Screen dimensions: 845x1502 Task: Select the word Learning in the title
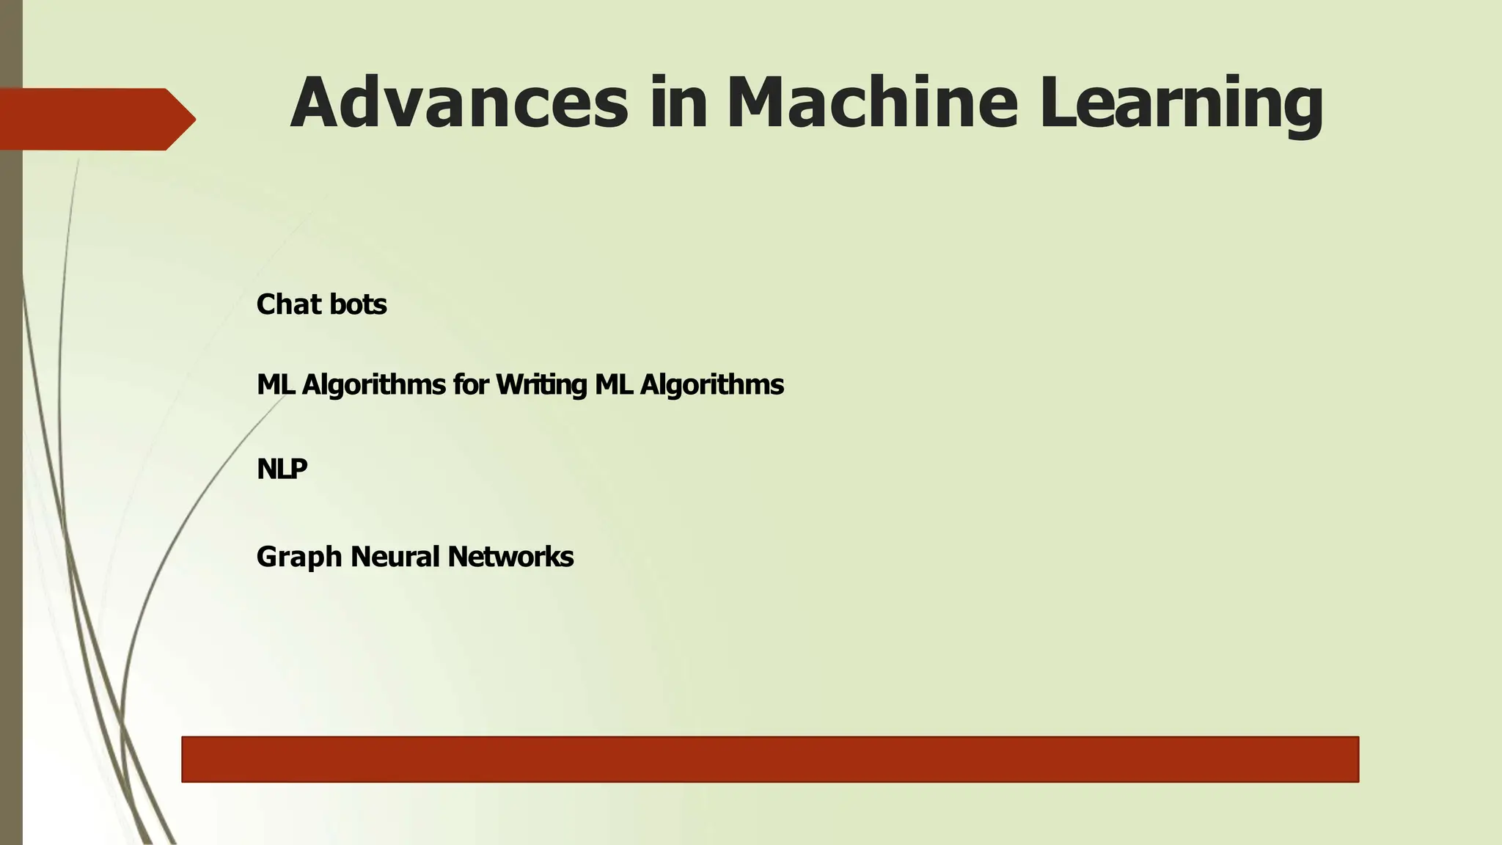tap(1182, 106)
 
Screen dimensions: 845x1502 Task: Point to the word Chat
tap(287, 304)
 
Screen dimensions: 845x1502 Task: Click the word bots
tap(358, 304)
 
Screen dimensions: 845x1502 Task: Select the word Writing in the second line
tap(541, 385)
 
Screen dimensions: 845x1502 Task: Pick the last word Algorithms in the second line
tap(711, 385)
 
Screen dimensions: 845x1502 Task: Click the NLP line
tap(282, 469)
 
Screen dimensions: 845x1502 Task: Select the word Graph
tap(299, 557)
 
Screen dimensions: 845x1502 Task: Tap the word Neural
tap(395, 557)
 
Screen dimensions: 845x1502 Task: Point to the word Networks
tap(510, 557)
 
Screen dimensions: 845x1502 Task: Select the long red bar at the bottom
tap(770, 759)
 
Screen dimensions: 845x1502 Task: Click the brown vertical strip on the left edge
tap(11, 440)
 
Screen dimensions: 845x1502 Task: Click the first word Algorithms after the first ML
tap(373, 385)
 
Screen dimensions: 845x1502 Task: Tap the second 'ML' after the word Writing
tap(614, 385)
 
